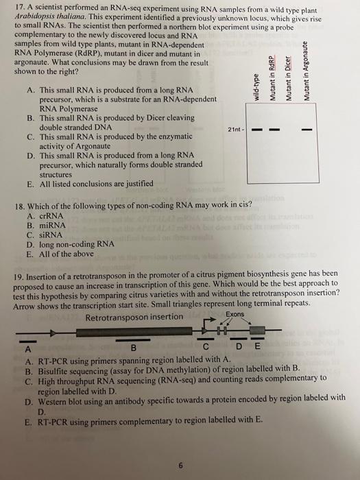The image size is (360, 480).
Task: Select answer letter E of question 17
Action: coord(30,184)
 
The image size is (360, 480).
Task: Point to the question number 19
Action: coord(19,272)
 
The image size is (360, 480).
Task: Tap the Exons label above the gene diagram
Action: coord(235,315)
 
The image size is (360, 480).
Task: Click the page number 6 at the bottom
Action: coord(180,464)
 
